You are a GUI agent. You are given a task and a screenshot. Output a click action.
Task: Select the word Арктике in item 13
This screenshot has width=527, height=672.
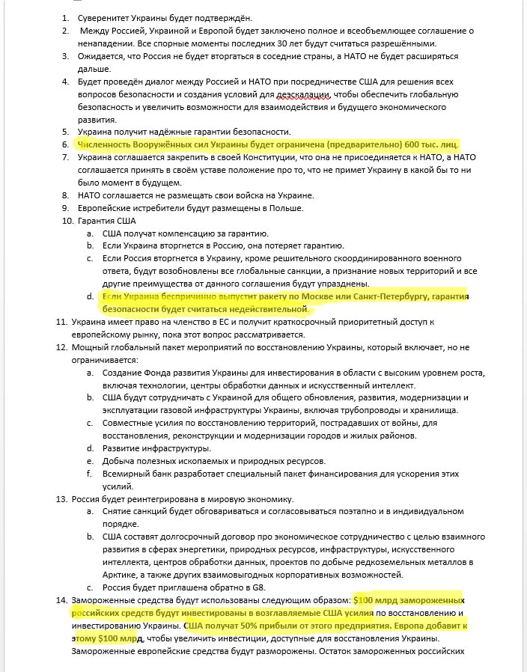coord(121,575)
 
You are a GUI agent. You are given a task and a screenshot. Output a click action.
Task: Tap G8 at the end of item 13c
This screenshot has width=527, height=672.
coord(237,587)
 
